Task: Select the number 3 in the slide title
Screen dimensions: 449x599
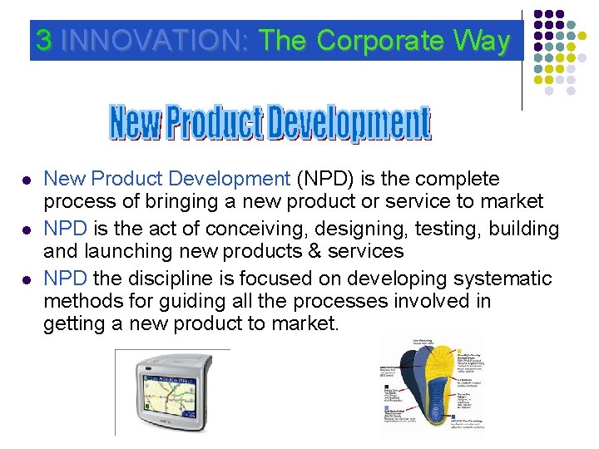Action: pyautogui.click(x=43, y=41)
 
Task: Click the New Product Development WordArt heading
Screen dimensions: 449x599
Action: pyautogui.click(x=270, y=124)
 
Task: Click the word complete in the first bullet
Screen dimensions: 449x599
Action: pyautogui.click(x=458, y=179)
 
